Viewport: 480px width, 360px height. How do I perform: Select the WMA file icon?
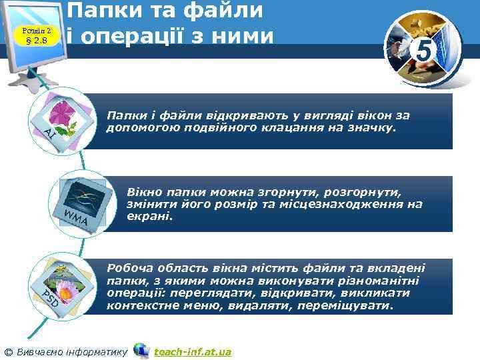click(81, 197)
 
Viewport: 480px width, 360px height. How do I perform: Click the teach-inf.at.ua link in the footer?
click(192, 351)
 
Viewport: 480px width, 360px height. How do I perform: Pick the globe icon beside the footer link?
click(141, 350)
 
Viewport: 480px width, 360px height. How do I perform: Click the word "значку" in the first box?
click(376, 127)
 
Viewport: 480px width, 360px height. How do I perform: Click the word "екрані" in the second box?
click(149, 216)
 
